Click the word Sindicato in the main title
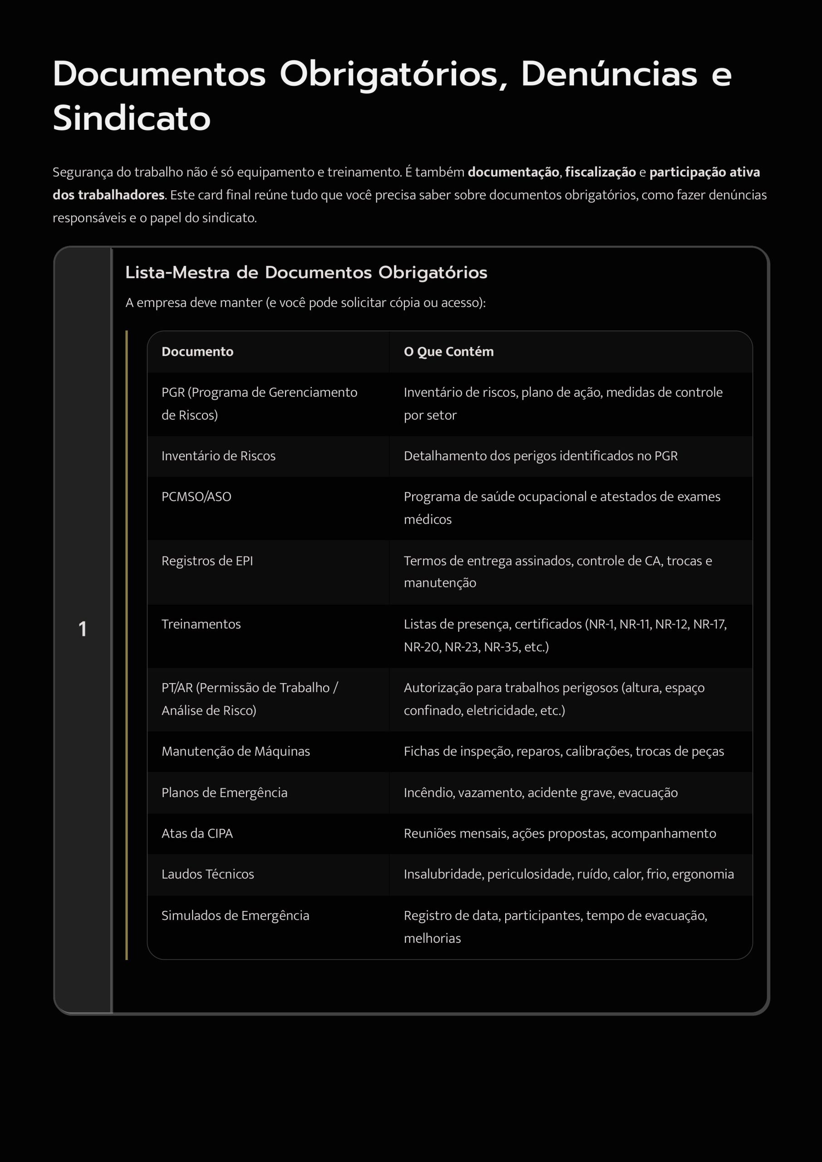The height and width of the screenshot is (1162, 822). pos(132,118)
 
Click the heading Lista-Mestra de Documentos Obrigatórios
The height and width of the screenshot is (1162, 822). pos(306,272)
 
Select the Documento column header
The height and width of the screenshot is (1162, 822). pos(197,352)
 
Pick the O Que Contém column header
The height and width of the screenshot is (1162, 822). pos(448,352)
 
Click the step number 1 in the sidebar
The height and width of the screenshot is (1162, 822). pos(83,629)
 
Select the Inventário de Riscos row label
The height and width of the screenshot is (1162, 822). pos(218,456)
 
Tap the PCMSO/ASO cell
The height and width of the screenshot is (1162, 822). pos(197,497)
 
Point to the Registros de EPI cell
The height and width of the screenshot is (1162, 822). pos(207,561)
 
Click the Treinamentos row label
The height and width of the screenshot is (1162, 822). pos(201,624)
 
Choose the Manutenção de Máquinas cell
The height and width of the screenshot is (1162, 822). pos(236,751)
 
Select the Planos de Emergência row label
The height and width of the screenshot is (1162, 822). pos(224,793)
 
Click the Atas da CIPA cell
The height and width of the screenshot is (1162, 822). pos(197,833)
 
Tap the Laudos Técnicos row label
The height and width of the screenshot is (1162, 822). pos(207,874)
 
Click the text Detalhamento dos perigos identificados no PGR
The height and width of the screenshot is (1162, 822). pos(540,456)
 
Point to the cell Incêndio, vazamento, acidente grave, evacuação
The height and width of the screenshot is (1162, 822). pos(540,793)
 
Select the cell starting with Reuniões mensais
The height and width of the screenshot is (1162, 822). pos(559,833)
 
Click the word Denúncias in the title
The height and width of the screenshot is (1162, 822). pos(609,74)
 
